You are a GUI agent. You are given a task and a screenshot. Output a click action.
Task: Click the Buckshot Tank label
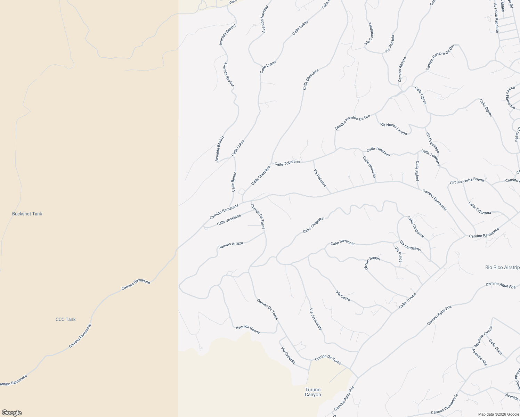[27, 214]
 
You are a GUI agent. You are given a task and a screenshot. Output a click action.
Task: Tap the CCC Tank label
[65, 319]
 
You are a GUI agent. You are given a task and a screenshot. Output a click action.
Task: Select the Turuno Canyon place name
[313, 392]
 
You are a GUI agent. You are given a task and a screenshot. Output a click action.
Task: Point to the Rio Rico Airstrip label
[502, 267]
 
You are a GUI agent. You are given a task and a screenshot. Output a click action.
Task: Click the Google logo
[12, 413]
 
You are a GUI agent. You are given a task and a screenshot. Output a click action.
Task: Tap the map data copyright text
[498, 414]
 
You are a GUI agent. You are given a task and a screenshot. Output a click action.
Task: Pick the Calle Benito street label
[234, 182]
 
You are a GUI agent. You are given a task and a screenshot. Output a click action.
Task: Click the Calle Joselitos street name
[229, 220]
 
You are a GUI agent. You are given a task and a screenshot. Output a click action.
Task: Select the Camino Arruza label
[230, 245]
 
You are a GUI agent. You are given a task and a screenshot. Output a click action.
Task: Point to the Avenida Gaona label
[247, 329]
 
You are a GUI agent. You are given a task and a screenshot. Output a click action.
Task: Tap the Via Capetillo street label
[288, 355]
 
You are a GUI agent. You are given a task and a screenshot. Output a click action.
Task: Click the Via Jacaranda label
[316, 319]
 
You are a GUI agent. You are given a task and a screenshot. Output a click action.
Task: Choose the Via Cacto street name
[343, 296]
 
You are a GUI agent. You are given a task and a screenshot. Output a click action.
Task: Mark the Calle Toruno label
[407, 301]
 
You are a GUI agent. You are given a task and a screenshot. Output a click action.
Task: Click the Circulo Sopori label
[372, 263]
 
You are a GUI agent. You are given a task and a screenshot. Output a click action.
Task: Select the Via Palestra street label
[320, 178]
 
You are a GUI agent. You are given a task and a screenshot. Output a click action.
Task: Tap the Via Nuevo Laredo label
[393, 129]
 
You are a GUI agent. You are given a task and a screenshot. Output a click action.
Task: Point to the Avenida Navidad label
[265, 19]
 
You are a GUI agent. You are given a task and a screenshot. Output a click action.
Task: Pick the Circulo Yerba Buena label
[466, 181]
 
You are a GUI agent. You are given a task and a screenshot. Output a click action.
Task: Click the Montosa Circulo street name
[483, 336]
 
